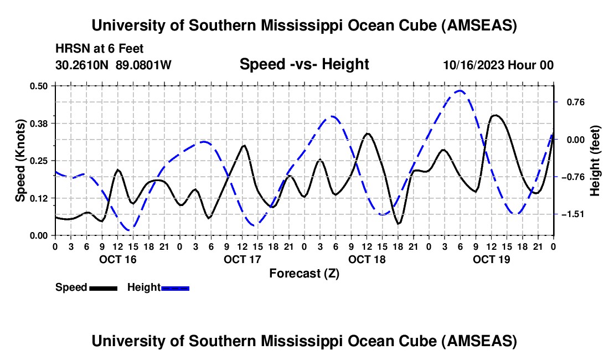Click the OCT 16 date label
(x=117, y=259)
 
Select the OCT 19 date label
(x=491, y=259)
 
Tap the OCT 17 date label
(x=242, y=259)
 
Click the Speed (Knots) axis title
(x=20, y=161)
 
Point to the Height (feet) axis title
(x=595, y=161)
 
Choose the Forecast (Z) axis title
(x=304, y=273)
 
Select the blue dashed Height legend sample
(x=175, y=288)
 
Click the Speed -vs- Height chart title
(x=304, y=64)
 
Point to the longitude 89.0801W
(x=144, y=65)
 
